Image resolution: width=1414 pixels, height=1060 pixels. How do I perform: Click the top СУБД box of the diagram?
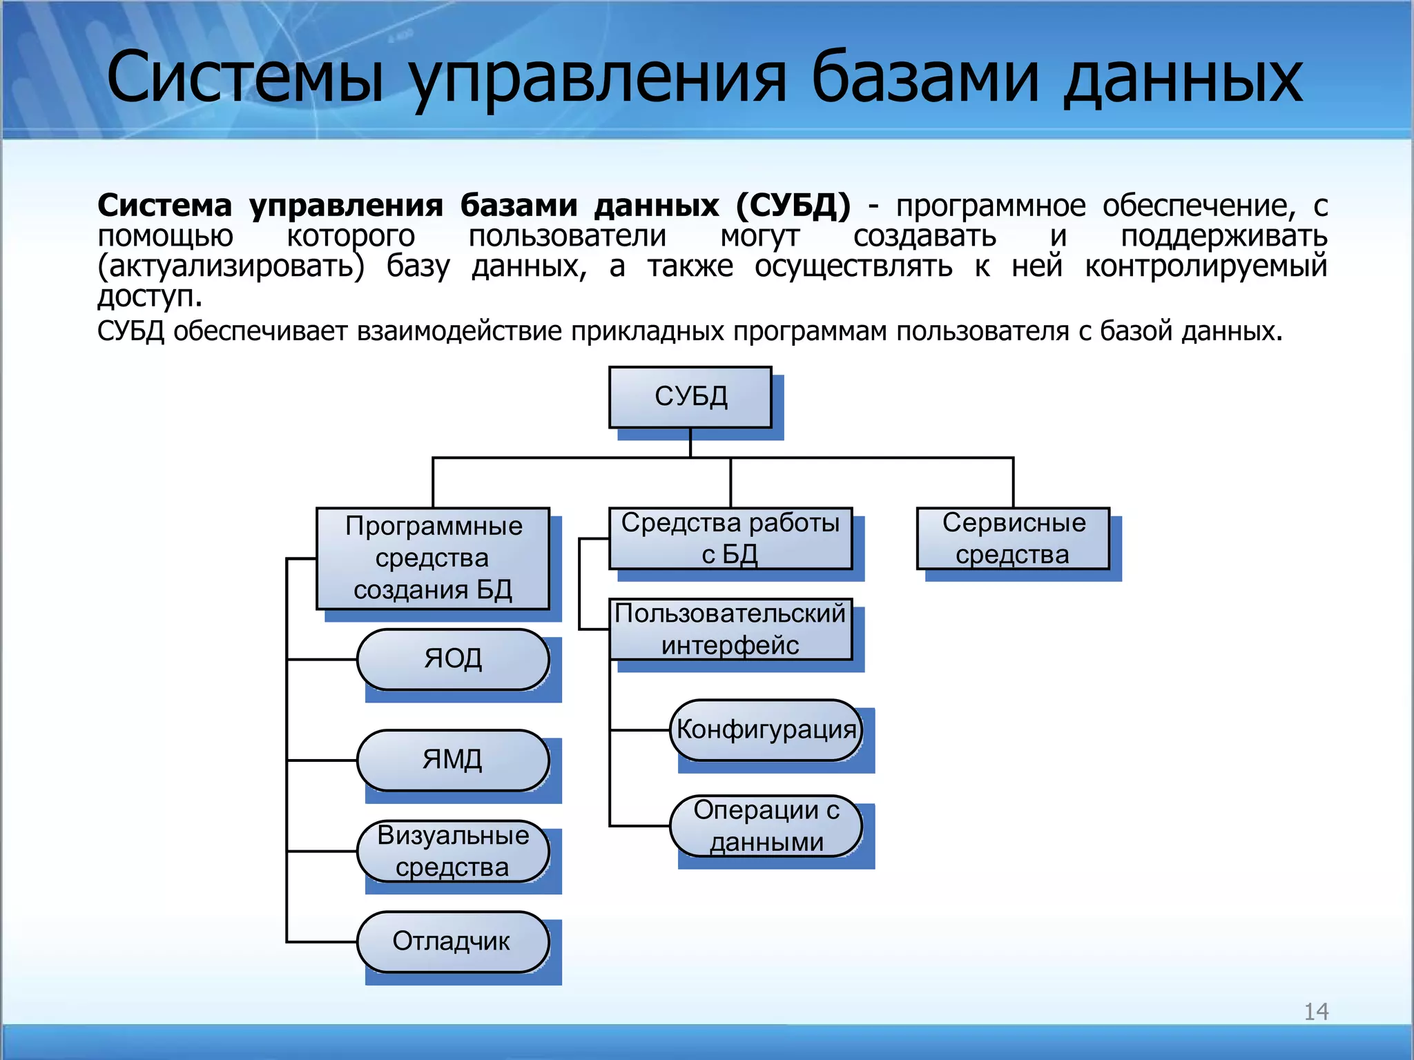[690, 397]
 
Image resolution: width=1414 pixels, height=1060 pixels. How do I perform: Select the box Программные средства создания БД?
[433, 558]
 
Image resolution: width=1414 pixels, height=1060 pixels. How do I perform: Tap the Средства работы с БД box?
[730, 538]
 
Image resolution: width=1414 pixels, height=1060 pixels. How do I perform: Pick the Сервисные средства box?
[1013, 538]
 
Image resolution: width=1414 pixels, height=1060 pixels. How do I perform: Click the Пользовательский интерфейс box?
[730, 629]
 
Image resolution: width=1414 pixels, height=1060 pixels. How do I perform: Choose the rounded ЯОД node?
[453, 659]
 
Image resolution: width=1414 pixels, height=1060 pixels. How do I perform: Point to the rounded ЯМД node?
[453, 760]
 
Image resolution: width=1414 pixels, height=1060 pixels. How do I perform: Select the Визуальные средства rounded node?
[453, 851]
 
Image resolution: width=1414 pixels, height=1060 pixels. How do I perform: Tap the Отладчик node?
[453, 941]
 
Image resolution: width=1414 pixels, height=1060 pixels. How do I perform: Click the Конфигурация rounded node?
[766, 730]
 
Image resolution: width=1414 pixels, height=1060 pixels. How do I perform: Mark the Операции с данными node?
[766, 825]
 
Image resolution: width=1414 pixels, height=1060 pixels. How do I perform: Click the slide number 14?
[1316, 1012]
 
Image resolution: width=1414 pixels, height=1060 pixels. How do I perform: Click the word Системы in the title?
[245, 77]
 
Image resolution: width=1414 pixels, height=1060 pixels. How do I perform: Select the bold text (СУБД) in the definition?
[793, 206]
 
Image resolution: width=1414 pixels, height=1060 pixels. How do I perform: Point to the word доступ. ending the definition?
[149, 297]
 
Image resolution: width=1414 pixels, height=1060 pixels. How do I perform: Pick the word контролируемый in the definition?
[1205, 266]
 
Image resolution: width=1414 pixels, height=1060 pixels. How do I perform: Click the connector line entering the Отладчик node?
[322, 941]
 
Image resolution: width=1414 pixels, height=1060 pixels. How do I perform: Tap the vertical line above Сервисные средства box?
[1013, 482]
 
